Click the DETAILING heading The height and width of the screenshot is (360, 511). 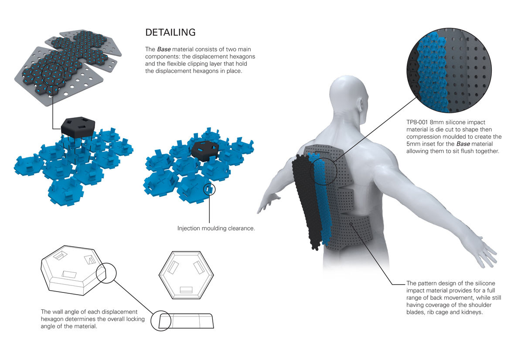click(170, 32)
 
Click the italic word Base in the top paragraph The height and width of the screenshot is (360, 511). click(164, 49)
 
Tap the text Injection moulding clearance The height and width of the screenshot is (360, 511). click(216, 228)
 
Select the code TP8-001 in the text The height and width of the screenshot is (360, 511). click(417, 122)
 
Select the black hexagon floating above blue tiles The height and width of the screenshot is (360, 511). click(78, 127)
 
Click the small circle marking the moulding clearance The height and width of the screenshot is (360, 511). click(209, 189)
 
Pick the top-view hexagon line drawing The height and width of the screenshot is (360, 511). click(186, 275)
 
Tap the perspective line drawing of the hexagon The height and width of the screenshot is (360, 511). click(73, 270)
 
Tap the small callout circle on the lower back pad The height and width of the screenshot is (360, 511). click(351, 224)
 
